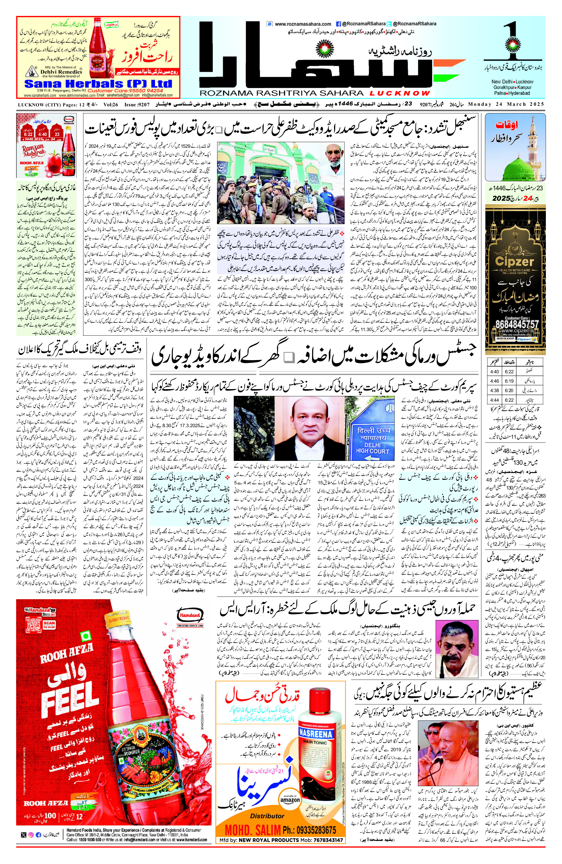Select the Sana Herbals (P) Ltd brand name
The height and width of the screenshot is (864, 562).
(98, 84)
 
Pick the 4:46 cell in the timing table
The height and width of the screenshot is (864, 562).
(494, 381)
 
